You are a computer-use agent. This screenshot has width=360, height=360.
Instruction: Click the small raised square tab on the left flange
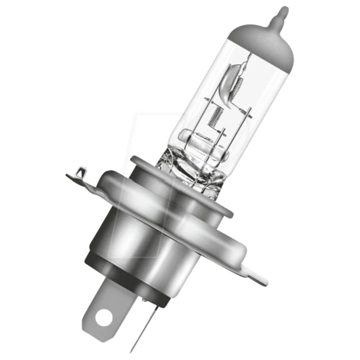pos(80,172)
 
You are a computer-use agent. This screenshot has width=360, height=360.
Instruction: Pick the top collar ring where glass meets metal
pos(180,178)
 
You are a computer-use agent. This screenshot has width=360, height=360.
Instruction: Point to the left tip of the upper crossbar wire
pos(205,98)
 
